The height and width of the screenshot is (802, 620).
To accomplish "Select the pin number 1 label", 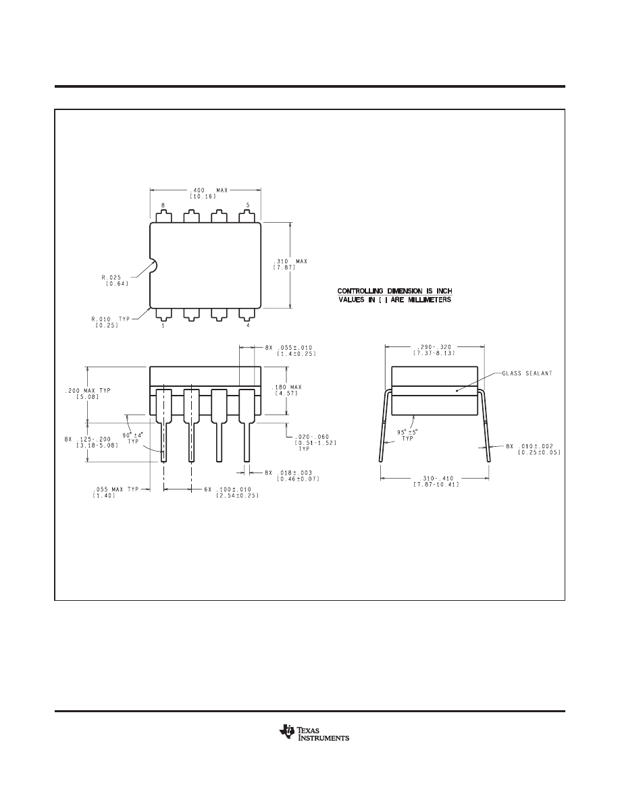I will (x=163, y=325).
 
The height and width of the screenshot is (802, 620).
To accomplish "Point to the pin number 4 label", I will (x=249, y=325).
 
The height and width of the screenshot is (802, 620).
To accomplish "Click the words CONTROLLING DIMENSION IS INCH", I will (x=394, y=291).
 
